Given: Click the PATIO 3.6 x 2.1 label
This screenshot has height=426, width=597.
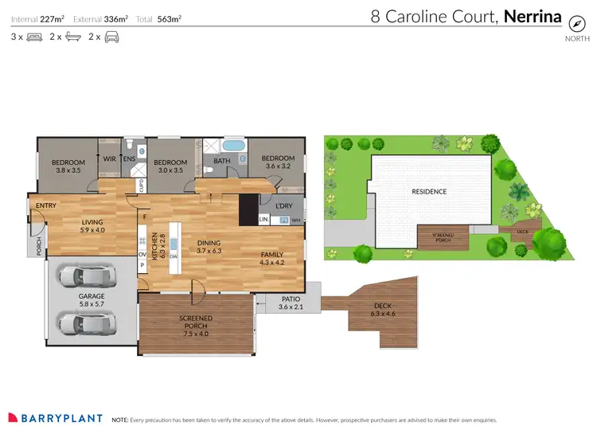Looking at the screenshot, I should point(291,303).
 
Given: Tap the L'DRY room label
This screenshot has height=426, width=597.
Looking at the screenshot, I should point(283,206).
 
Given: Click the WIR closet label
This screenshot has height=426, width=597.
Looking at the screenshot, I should point(110,158).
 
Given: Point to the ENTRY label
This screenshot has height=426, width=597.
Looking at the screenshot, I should point(46,205).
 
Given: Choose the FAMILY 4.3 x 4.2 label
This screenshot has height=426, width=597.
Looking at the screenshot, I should point(272,258).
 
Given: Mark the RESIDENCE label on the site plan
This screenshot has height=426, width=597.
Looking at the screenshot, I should point(428,191).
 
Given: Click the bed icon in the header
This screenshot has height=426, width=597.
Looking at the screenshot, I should point(34,37).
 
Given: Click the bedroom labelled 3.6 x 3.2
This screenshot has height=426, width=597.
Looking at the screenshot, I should point(278,162).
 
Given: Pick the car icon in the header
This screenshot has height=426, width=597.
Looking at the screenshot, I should point(111,37).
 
